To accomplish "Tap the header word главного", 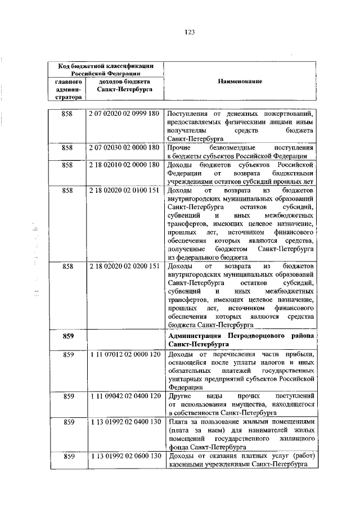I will point(68,81).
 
